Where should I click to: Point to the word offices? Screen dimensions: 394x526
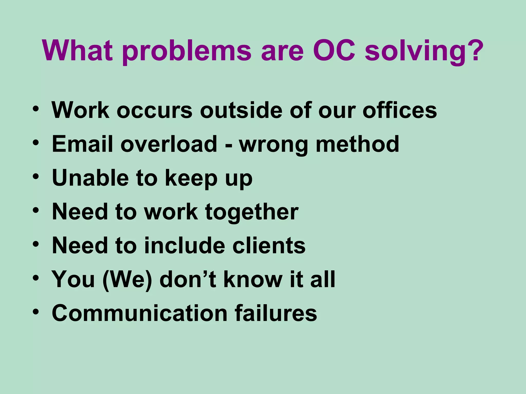pyautogui.click(x=400, y=110)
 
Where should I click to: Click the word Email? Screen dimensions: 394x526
pyautogui.click(x=82, y=144)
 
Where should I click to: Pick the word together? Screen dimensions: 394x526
pyautogui.click(x=252, y=212)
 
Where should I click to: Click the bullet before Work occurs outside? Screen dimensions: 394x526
pyautogui.click(x=36, y=109)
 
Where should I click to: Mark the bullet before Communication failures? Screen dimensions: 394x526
pyautogui.click(x=36, y=312)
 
